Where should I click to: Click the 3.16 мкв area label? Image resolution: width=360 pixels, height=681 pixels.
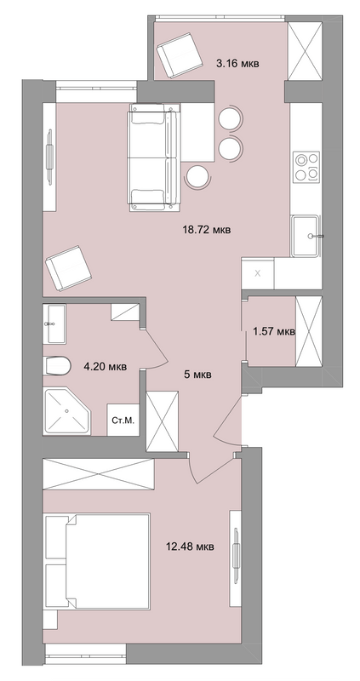point(238,64)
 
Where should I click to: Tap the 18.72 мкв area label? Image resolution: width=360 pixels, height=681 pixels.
point(207,229)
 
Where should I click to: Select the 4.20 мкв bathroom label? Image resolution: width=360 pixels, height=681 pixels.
point(105,367)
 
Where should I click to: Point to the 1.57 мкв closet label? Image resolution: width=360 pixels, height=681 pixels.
point(274,332)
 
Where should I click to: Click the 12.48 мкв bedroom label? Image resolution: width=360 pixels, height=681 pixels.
point(190,547)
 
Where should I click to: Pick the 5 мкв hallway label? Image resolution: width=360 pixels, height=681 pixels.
point(197,375)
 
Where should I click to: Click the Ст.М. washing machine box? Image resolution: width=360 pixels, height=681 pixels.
point(123,420)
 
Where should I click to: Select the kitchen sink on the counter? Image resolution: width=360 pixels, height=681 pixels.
point(306,236)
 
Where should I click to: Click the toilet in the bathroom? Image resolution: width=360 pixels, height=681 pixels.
point(57,366)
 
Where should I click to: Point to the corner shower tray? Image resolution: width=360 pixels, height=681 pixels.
point(66,410)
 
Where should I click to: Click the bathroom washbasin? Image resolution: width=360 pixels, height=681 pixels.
point(54,323)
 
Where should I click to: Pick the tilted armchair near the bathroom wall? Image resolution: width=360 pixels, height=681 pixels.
point(68,268)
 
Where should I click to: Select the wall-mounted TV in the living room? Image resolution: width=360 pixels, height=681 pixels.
point(50,155)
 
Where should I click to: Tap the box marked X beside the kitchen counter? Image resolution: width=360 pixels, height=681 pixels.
point(258,273)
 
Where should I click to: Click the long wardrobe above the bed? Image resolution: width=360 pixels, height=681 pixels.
point(99,474)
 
